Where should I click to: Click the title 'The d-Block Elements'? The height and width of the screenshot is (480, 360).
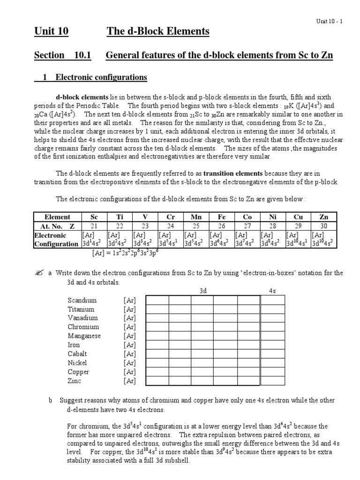(157, 32)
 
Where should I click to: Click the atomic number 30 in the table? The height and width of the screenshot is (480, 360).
(323, 225)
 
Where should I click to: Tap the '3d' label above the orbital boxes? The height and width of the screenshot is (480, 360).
(203, 291)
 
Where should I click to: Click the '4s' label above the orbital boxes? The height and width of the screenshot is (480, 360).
(272, 291)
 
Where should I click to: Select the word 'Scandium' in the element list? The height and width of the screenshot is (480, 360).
(82, 300)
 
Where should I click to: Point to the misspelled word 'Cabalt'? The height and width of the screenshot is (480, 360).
(77, 354)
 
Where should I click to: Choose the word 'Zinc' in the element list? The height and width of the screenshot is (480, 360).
(75, 381)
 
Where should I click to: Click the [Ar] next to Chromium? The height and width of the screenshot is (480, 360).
(130, 327)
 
